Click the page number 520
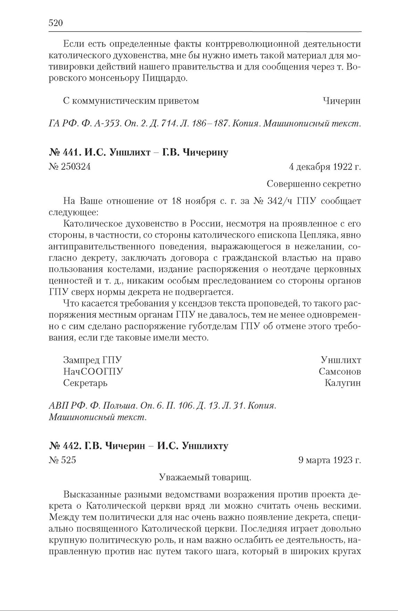tap(55, 23)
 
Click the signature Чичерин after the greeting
tap(341, 101)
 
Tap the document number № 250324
tap(70, 167)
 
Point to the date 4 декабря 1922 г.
tap(325, 167)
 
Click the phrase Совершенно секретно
tap(314, 184)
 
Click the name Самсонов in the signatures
tap(340, 372)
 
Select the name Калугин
tap(342, 383)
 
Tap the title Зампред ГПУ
tap(93, 360)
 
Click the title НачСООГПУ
tap(93, 372)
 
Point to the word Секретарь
tap(85, 383)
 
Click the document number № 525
tap(63, 460)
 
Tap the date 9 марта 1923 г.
tap(330, 460)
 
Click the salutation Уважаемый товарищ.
tap(205, 478)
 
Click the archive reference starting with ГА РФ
tap(205, 123)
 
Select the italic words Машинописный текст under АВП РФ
tap(98, 417)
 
